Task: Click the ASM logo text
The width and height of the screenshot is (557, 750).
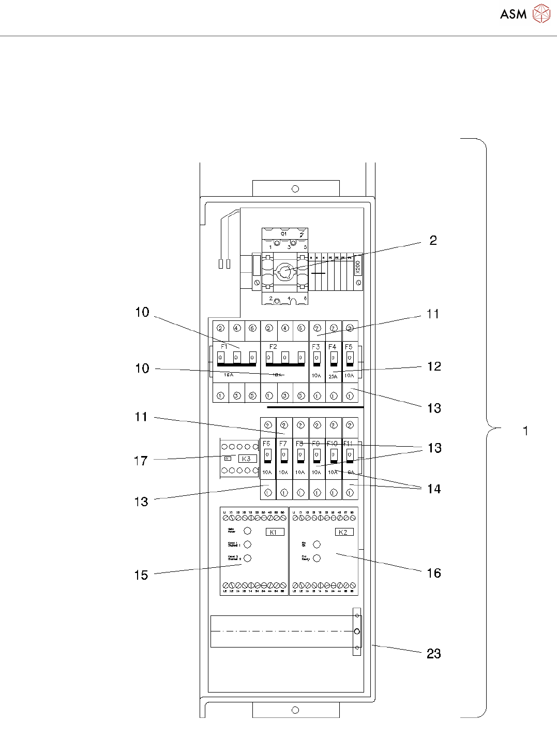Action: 513,14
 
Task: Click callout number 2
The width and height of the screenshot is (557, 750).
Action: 433,240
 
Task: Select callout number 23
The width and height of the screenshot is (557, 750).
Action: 433,654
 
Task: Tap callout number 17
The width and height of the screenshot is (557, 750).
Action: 141,461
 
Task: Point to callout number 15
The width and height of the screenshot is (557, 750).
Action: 141,575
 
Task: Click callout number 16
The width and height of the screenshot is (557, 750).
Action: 433,573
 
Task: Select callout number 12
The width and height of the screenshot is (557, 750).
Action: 434,366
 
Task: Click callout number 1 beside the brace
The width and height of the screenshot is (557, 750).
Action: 525,431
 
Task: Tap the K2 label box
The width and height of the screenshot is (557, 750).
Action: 343,532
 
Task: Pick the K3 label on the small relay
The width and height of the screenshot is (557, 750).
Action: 247,459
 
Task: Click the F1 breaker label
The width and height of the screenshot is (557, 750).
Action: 224,346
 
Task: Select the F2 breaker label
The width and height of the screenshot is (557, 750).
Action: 273,346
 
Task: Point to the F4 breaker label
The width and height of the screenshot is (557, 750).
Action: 333,346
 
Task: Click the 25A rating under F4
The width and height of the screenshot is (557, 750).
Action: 333,376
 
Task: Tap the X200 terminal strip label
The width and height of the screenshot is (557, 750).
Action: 357,267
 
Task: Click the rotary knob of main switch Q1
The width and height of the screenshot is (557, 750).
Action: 284,270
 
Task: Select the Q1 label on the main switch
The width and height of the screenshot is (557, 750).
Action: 283,234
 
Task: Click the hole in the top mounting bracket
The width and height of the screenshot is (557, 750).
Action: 295,189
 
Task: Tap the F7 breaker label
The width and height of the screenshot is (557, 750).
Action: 283,444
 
